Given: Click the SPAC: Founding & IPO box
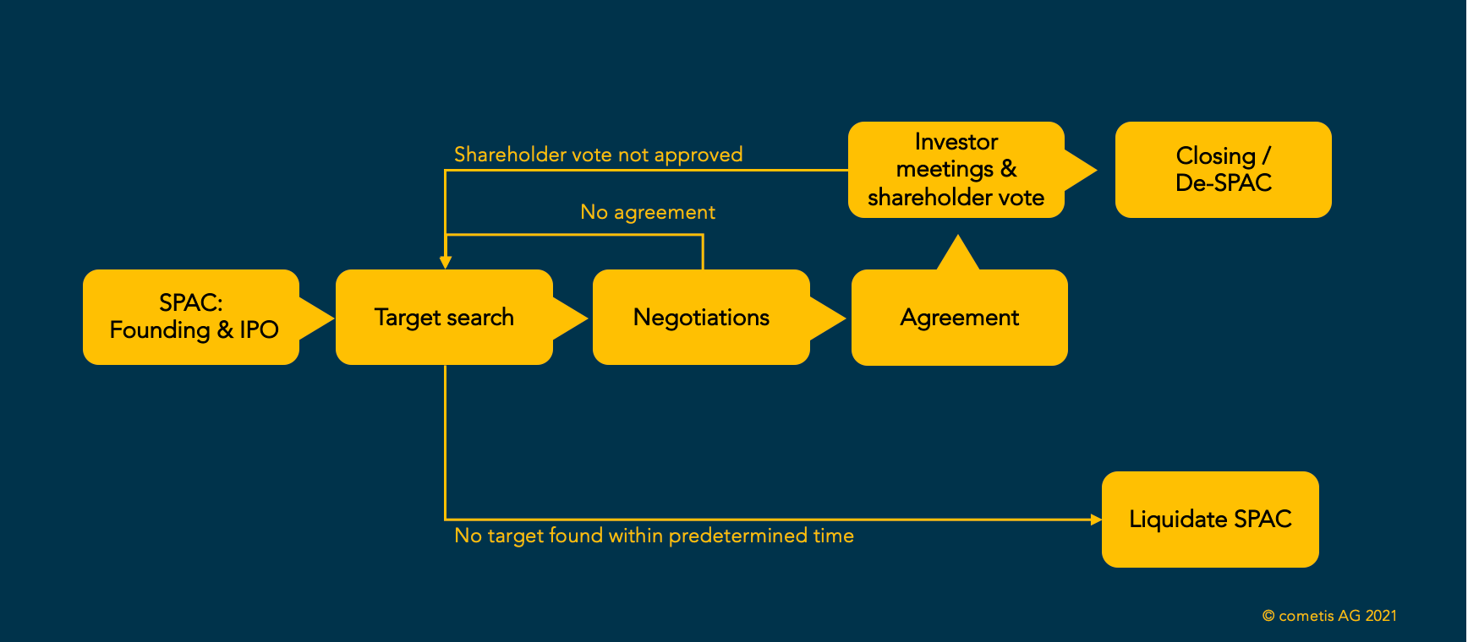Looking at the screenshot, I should coord(191,317).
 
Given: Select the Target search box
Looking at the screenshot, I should coord(444,317).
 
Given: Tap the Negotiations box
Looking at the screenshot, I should coord(701,317).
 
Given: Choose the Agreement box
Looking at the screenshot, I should coord(959,318).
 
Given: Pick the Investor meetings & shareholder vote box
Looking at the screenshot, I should coord(956,170).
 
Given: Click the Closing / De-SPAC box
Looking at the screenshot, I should coord(1223,170).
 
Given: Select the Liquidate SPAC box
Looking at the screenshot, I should coord(1210,519).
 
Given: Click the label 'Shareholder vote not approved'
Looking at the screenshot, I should coord(598,155).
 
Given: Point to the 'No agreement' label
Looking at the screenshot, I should coord(648,212).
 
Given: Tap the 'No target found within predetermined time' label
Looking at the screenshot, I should coord(654,536).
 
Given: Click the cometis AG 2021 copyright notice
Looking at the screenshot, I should coord(1329,616).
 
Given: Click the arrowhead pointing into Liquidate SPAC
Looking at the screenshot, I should coord(1096,520).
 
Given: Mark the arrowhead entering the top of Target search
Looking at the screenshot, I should coord(446,263).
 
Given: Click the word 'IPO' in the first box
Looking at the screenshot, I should coord(259,329).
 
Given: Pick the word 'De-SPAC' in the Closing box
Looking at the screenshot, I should coord(1223,183).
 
